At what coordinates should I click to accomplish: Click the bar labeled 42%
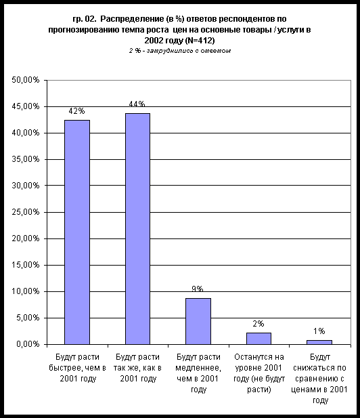[x=77, y=232]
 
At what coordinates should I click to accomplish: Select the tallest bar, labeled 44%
[x=137, y=229]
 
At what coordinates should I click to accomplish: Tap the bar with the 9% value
[x=198, y=321]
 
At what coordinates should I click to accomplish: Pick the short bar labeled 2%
[x=258, y=339]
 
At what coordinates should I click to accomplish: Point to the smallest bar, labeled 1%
[x=319, y=342]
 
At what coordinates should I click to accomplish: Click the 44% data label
[x=137, y=104]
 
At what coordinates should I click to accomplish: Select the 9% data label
[x=198, y=289]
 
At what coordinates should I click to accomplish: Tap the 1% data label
[x=319, y=331]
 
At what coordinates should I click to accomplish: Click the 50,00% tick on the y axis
[x=26, y=80]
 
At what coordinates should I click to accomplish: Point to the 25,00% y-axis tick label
[x=26, y=212]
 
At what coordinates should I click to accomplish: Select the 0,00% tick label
[x=28, y=344]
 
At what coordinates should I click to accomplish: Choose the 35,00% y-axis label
[x=26, y=159]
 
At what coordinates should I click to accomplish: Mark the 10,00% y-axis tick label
[x=26, y=291]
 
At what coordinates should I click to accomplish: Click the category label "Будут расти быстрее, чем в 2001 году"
[x=78, y=368]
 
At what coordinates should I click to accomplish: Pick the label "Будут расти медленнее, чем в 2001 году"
[x=198, y=373]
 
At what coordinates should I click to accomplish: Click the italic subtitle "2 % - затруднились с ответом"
[x=180, y=51]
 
